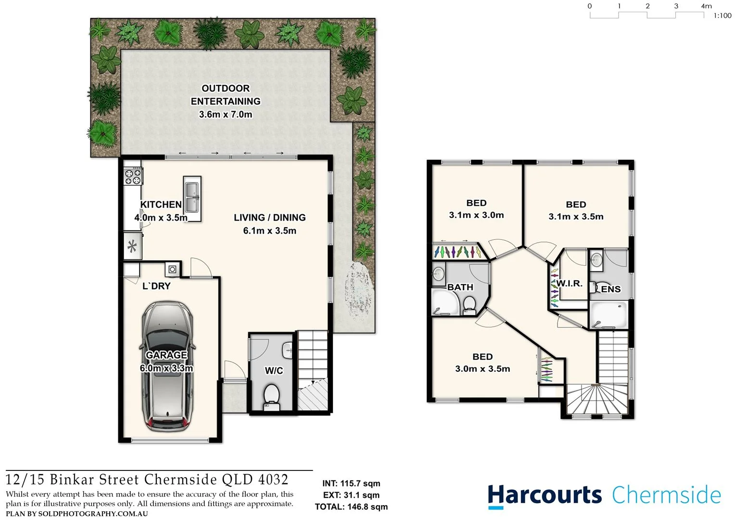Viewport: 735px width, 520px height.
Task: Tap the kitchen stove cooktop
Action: [133, 176]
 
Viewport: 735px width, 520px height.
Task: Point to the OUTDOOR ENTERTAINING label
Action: [226, 95]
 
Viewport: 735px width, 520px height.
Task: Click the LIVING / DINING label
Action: [269, 218]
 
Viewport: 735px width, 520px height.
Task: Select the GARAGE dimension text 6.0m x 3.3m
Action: [166, 368]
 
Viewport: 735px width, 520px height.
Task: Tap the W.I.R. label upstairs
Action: [570, 284]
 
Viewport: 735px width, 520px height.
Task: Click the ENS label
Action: [611, 289]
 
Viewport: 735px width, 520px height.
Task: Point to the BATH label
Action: [460, 287]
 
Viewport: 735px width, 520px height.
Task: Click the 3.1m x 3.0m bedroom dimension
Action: [476, 215]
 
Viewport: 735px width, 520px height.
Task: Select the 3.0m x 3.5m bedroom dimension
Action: [482, 369]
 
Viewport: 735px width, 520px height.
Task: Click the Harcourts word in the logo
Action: [545, 495]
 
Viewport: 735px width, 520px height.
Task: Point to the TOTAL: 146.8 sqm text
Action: [351, 507]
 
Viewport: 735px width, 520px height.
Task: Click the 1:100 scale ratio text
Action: [722, 16]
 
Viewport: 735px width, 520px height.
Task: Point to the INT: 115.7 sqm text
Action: [351, 483]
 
